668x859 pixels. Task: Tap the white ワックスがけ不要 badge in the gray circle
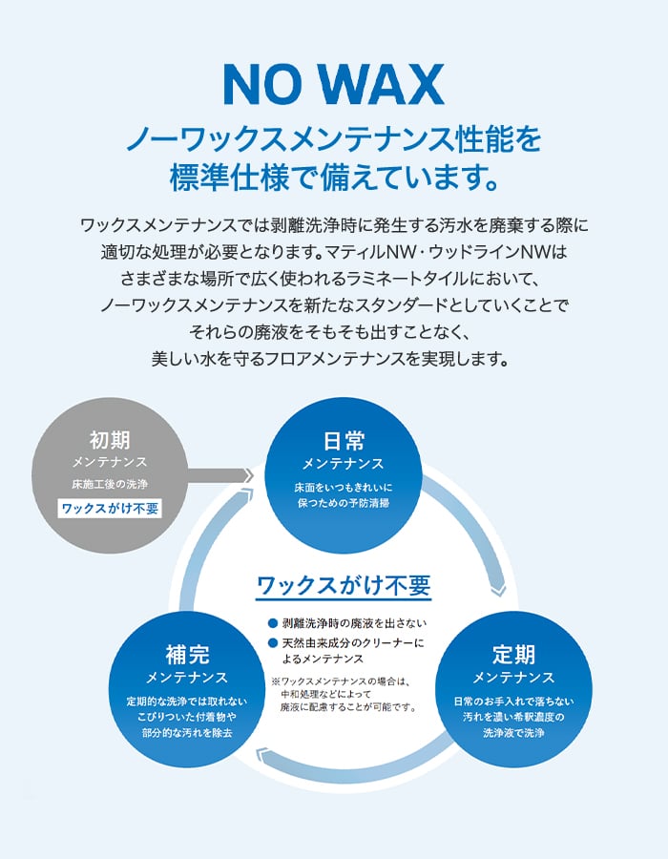[111, 509]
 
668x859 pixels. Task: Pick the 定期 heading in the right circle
[513, 655]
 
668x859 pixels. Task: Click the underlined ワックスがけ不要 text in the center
[344, 584]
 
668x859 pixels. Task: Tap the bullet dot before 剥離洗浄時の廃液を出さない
[273, 622]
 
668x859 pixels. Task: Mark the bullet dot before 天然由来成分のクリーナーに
[273, 642]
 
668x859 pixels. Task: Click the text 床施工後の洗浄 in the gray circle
[110, 484]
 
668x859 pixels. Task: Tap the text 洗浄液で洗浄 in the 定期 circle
[513, 733]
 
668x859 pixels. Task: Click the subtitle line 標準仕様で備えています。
[333, 178]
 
